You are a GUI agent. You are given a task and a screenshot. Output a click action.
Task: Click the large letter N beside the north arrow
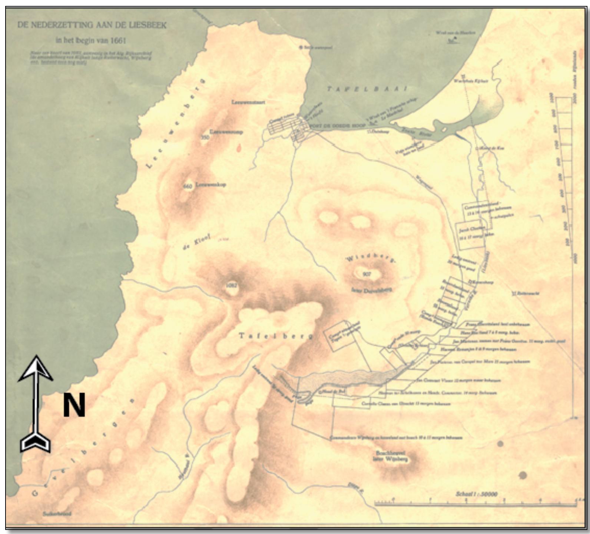point(74,405)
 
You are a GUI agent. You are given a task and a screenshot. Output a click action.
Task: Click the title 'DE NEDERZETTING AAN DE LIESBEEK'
point(92,25)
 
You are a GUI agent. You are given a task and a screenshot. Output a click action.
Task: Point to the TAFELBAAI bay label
point(367,89)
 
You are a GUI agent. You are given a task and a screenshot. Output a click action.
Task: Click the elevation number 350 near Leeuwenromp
point(205,137)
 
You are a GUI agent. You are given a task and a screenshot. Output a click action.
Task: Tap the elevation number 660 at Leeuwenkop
point(188,186)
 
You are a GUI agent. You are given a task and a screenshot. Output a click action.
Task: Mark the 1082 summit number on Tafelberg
point(231,286)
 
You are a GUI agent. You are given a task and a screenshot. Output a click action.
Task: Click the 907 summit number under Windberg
point(367,274)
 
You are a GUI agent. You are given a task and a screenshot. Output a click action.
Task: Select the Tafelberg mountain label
point(276,336)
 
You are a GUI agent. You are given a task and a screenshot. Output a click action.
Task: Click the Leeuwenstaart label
point(248,102)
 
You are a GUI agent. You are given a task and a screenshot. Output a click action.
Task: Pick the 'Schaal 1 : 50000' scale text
point(476,494)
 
